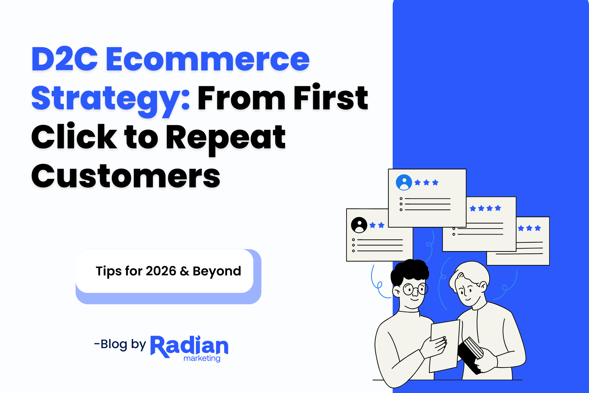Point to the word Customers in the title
click(126, 176)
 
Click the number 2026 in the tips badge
click(161, 271)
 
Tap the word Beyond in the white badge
click(217, 271)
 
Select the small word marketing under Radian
click(202, 358)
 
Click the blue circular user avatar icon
click(404, 182)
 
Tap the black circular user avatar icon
click(359, 225)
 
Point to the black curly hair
click(409, 272)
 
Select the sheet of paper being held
click(444, 344)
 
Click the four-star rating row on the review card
click(485, 208)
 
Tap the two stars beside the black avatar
click(377, 225)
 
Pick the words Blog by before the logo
click(123, 345)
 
